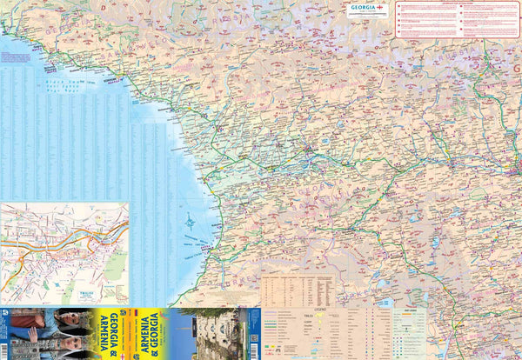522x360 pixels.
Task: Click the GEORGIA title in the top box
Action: click(363, 7)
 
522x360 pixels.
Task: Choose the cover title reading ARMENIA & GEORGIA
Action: click(149, 334)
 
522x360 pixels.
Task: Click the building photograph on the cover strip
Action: click(213, 334)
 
